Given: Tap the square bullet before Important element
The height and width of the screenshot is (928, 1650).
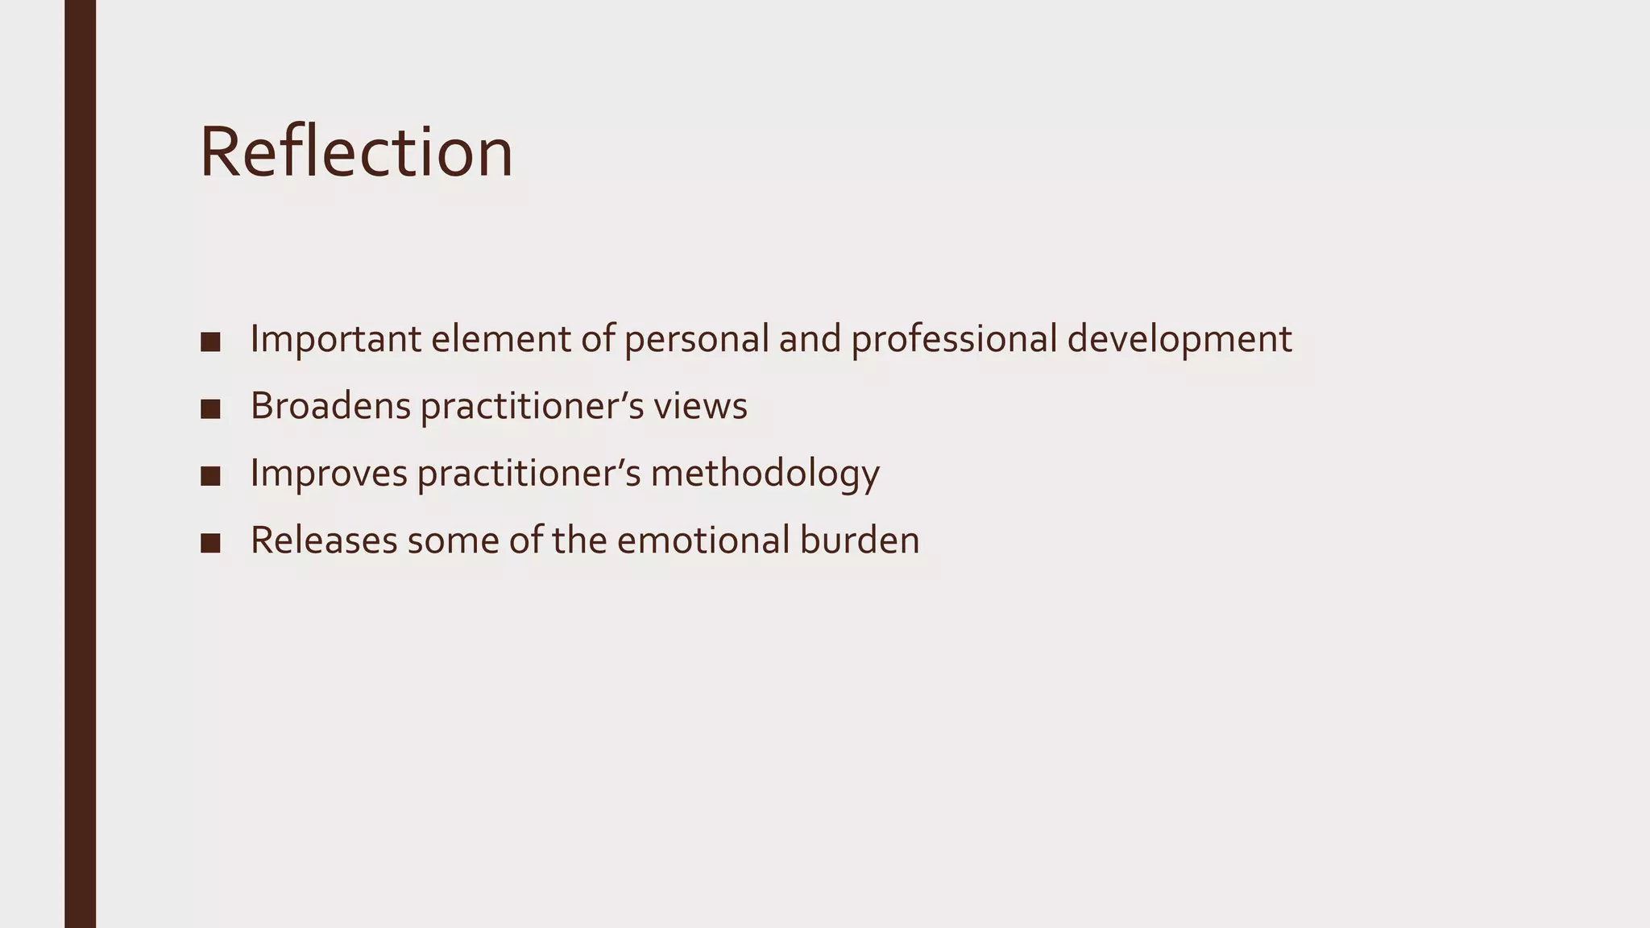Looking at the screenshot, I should click(x=210, y=342).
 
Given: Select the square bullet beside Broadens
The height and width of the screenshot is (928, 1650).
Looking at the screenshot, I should click(x=210, y=408).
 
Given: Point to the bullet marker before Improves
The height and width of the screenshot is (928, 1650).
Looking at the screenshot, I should click(x=210, y=475).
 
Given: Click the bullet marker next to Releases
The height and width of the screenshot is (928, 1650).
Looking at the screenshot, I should click(x=210, y=542).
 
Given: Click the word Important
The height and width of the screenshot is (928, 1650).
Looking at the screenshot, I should click(x=335, y=338).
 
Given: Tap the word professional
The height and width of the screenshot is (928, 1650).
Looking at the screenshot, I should click(x=954, y=338).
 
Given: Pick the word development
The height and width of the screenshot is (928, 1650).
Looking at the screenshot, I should click(x=1179, y=338).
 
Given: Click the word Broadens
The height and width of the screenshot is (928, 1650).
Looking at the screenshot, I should click(x=330, y=405).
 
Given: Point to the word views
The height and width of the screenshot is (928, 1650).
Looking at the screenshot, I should click(x=700, y=405).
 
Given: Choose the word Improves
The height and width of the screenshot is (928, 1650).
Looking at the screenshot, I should click(x=329, y=472).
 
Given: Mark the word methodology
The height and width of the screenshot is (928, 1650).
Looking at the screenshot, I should click(x=765, y=472).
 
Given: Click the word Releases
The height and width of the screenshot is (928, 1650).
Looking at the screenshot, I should click(x=324, y=539).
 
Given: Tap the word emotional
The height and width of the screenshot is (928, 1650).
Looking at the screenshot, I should click(x=703, y=539).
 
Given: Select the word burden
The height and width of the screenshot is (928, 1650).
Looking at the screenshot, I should click(x=860, y=539).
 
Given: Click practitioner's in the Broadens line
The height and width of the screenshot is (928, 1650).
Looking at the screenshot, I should click(x=532, y=405).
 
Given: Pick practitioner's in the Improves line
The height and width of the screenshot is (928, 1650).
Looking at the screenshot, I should click(x=529, y=472).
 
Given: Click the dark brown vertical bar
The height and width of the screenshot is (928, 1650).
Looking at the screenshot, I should click(x=80, y=464).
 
